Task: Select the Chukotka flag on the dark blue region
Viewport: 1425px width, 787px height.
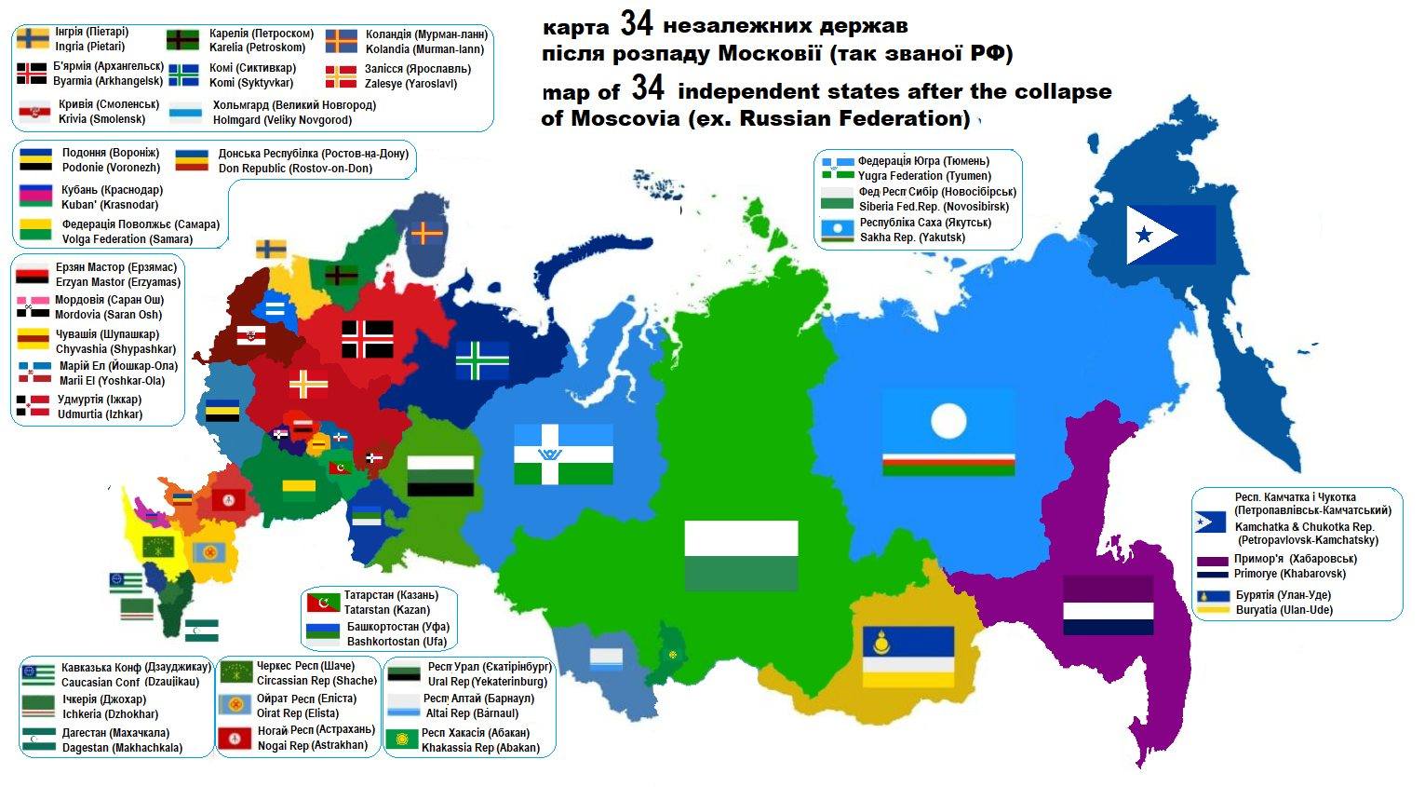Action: click(x=1170, y=235)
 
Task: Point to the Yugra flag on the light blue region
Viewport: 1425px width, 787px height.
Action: click(x=563, y=454)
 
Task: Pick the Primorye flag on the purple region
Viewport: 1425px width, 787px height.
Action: click(x=1109, y=605)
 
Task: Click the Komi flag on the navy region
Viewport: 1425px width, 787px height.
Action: click(x=482, y=361)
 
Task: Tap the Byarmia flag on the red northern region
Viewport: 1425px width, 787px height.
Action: click(x=367, y=339)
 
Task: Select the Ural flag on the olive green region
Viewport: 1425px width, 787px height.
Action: click(x=441, y=475)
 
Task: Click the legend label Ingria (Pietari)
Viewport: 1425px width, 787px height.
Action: click(x=91, y=47)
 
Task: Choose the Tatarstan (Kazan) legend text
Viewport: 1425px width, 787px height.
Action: click(x=387, y=610)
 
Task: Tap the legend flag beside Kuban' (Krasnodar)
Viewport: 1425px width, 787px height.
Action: click(x=34, y=197)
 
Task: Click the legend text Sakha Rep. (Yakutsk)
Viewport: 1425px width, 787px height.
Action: click(x=912, y=237)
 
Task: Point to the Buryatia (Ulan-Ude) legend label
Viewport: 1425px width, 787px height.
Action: click(x=1284, y=610)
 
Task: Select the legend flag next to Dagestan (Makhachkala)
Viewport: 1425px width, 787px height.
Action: click(x=39, y=740)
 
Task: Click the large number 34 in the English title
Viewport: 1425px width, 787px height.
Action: click(x=648, y=89)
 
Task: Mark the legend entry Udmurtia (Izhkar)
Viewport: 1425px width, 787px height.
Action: click(x=101, y=414)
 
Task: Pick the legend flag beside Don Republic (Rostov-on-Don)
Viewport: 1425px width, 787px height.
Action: click(x=192, y=160)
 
